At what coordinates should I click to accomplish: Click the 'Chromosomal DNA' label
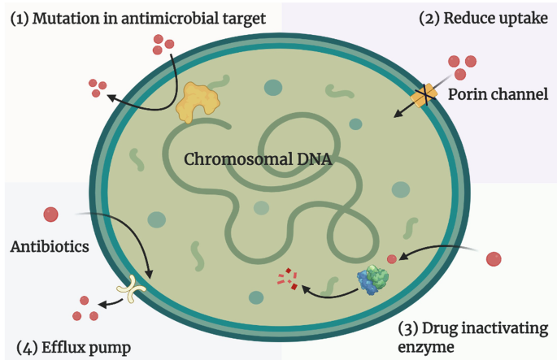click(258, 159)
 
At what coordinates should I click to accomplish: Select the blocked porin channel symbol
click(424, 97)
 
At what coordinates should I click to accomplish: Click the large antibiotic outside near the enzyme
click(494, 259)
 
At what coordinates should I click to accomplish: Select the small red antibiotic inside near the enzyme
click(392, 258)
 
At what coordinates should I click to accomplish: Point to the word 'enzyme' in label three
click(424, 347)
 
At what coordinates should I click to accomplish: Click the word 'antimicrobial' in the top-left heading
click(171, 17)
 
